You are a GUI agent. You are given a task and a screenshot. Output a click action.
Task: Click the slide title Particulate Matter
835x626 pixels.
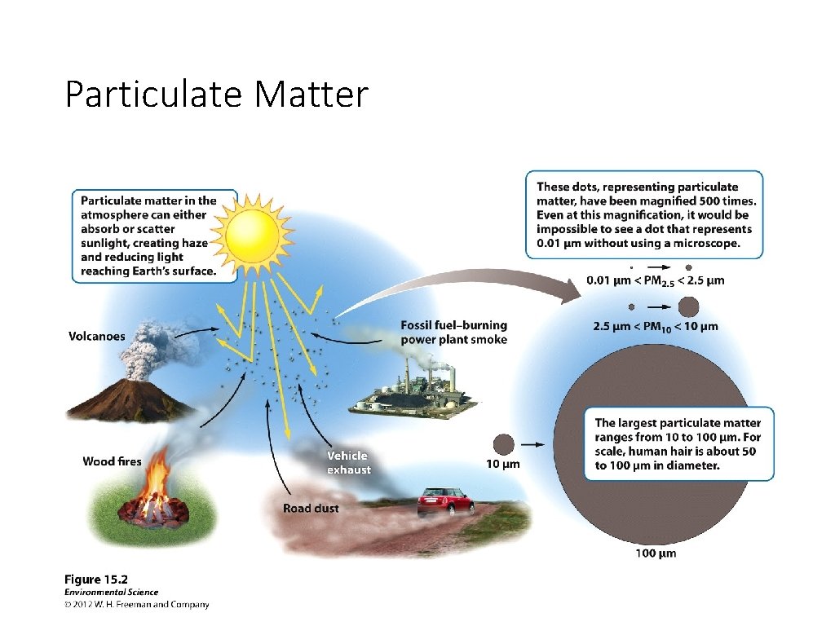(216, 95)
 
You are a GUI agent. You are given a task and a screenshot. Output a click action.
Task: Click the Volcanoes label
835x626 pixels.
(96, 336)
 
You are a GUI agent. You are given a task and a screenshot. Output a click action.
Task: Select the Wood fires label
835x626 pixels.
(112, 461)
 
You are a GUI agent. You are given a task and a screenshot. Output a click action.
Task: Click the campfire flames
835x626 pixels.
(154, 489)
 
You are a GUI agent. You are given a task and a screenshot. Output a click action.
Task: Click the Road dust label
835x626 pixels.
(311, 509)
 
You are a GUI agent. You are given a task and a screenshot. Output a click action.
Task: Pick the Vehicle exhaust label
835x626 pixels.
(348, 462)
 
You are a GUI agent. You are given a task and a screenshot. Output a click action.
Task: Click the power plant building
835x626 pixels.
(416, 395)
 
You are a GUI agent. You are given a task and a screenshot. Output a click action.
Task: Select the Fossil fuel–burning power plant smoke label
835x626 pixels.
(453, 333)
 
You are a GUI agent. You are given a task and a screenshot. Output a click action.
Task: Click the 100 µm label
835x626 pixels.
(656, 554)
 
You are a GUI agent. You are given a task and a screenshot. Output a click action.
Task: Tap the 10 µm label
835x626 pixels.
(502, 465)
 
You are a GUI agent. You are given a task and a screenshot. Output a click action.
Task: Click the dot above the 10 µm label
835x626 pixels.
(503, 444)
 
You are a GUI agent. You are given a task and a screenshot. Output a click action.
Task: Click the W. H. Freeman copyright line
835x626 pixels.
(136, 605)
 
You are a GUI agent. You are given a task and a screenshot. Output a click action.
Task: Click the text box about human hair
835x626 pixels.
(678, 444)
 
